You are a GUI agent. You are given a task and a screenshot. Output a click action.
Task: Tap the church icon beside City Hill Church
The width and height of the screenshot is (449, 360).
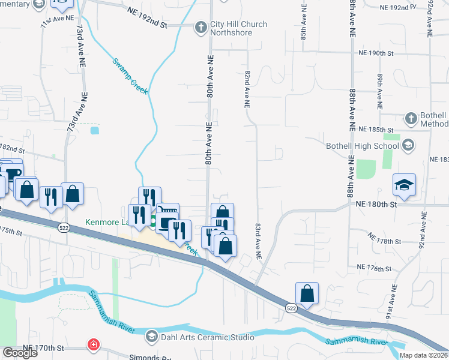(201, 26)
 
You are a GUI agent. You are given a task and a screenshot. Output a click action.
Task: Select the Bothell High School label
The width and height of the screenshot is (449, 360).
(363, 145)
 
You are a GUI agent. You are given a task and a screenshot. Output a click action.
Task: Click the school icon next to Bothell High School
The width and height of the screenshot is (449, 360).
(408, 145)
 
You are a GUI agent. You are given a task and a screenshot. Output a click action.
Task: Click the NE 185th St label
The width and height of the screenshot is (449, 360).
(375, 129)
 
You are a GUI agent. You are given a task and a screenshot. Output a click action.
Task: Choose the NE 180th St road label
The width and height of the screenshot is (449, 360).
(376, 205)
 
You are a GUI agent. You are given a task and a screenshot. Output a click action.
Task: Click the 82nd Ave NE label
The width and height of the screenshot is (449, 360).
(247, 88)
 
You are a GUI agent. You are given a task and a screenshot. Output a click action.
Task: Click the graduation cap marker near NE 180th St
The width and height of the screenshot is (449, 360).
(404, 184)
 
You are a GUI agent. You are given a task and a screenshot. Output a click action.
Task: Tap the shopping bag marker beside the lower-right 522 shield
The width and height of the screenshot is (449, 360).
(307, 293)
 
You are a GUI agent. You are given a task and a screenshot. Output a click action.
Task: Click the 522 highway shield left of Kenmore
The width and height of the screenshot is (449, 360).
(64, 227)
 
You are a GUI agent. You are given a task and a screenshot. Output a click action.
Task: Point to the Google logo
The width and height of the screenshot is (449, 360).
(20, 352)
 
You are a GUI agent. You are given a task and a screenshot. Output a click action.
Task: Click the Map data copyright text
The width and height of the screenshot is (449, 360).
(423, 355)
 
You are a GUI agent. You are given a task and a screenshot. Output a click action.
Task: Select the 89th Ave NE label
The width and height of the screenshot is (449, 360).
(380, 91)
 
